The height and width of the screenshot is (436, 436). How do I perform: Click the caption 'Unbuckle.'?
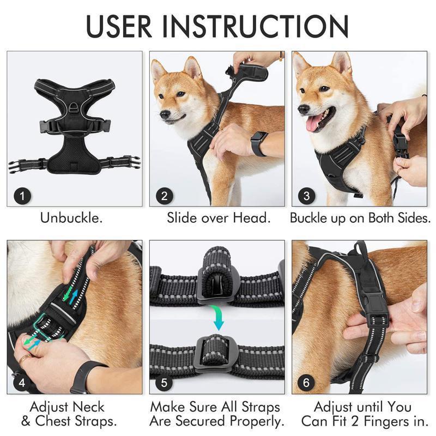pos(71,219)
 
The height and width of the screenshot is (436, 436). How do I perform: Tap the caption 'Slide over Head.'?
pos(218,219)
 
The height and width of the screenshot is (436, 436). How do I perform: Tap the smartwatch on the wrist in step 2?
pos(259,143)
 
